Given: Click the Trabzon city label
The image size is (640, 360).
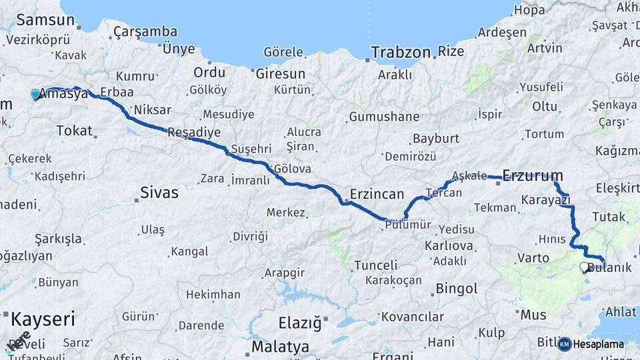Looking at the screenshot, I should point(401,52).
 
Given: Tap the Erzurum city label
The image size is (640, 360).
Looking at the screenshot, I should point(532,176).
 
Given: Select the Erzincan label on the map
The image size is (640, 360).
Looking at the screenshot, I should point(377,195).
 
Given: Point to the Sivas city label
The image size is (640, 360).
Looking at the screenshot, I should point(159,193).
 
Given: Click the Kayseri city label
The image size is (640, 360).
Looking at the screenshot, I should point(43,319).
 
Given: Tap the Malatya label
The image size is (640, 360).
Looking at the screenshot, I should point(280,347).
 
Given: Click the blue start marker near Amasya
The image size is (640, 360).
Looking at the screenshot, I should point(36,95).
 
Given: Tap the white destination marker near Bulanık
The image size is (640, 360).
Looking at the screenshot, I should point(585,267).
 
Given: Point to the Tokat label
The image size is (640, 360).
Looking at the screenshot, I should point(75,131).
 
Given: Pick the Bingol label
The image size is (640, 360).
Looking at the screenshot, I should point(457,289).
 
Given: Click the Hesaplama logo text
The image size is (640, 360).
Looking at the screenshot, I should point(599,345).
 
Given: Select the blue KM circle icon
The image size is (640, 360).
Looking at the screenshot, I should point(565,344).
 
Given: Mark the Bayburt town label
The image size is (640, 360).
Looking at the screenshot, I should point(436,139).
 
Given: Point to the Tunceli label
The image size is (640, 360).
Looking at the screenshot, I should point(376,265).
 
